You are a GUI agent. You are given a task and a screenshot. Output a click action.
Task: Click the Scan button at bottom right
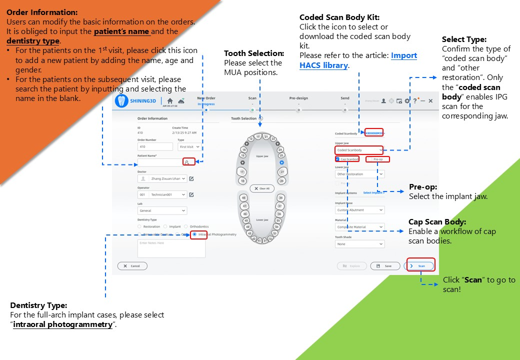419,266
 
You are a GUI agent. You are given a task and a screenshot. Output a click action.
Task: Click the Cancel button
132,266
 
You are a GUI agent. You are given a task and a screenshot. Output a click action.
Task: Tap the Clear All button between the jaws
262,188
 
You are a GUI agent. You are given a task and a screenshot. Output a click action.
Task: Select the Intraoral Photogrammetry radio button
194,234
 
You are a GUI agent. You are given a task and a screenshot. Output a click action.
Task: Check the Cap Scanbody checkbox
338,159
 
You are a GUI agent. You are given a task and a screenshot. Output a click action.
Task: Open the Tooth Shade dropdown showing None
359,244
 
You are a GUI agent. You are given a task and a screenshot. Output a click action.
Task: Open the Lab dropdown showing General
162,210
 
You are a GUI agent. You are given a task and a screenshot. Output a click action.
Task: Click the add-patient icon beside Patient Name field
187,162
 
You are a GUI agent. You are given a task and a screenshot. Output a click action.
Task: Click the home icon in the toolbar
169,100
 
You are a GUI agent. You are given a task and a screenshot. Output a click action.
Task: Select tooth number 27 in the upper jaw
282,171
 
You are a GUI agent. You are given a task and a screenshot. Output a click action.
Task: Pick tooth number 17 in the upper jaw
242,171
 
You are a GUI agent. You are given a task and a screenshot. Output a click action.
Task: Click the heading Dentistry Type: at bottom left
38,305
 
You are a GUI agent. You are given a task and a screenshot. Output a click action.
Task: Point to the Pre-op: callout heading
423,186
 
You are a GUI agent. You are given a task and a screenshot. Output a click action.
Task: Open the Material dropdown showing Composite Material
359,227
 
